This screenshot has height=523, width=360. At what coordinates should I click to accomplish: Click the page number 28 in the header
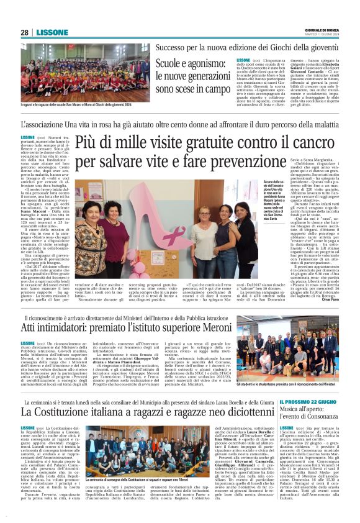(x=24, y=32)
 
